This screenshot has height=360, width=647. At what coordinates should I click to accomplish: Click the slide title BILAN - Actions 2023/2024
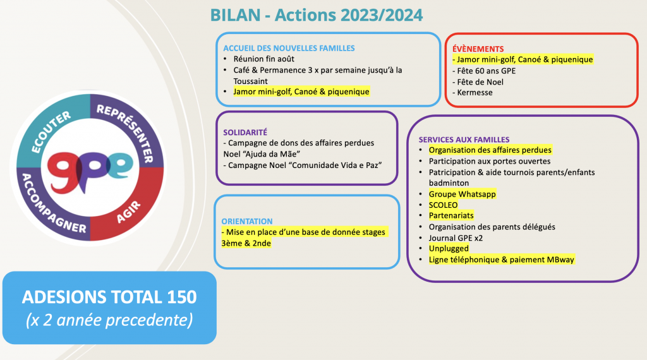pyautogui.click(x=317, y=15)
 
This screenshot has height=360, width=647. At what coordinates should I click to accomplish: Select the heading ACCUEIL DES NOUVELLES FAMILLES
pyautogui.click(x=289, y=48)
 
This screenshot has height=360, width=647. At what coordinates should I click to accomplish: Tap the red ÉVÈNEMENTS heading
pyautogui.click(x=478, y=49)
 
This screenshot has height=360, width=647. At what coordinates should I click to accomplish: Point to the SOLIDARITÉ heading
pyautogui.click(x=245, y=133)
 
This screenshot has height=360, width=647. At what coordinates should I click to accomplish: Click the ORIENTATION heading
pyautogui.click(x=247, y=222)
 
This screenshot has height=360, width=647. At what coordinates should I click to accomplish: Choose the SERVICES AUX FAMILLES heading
pyautogui.click(x=464, y=140)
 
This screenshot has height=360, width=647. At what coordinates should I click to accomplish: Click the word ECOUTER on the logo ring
pyautogui.click(x=51, y=132)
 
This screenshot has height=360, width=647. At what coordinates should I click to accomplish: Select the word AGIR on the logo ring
pyautogui.click(x=128, y=212)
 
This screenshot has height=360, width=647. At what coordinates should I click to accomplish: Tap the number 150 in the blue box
pyautogui.click(x=182, y=297)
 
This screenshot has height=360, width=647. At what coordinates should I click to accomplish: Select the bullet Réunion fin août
pyautogui.click(x=263, y=59)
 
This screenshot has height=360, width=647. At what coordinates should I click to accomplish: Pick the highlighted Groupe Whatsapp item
pyautogui.click(x=462, y=194)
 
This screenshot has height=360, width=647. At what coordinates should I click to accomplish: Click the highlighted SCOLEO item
pyautogui.click(x=443, y=205)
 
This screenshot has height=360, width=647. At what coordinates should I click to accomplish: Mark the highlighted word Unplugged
pyautogui.click(x=449, y=249)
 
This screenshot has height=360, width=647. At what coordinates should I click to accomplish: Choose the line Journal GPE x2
pyautogui.click(x=456, y=238)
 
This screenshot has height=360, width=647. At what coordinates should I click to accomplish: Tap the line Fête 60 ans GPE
pyautogui.click(x=484, y=71)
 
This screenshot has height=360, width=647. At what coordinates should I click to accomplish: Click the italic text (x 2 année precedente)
pyautogui.click(x=109, y=320)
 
